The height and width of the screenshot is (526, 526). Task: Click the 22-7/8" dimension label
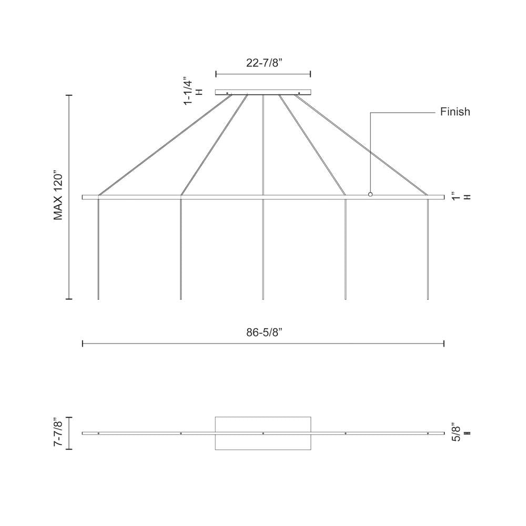262,63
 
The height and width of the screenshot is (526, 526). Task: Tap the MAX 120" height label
58,197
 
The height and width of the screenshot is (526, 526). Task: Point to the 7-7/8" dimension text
58,433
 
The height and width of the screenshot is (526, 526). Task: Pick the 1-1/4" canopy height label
188,92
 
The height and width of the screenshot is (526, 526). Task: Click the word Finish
455,112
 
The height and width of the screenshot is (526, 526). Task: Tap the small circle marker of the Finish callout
370,194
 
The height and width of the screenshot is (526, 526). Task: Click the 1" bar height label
456,197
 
